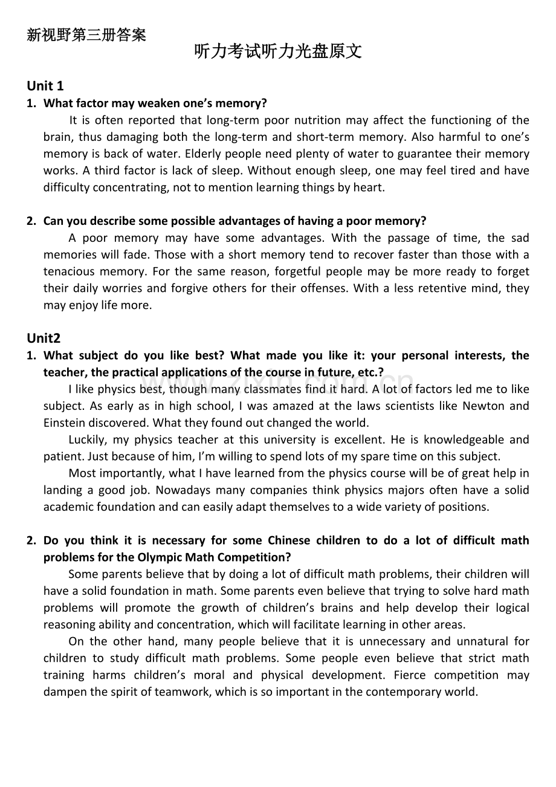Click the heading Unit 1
click(x=45, y=86)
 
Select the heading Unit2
click(x=44, y=338)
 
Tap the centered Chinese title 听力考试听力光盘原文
click(x=278, y=52)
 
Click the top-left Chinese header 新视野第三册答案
click(x=86, y=35)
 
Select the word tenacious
click(x=68, y=272)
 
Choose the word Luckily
click(x=88, y=439)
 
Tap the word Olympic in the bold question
click(x=158, y=557)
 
